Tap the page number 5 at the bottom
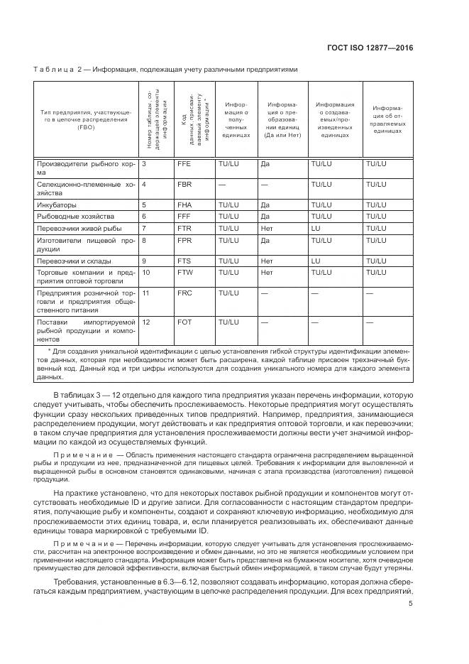(x=411, y=604)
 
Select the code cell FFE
(x=184, y=164)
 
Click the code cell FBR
(x=184, y=184)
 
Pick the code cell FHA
(x=184, y=205)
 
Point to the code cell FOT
(x=184, y=322)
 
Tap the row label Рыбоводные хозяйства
(x=75, y=216)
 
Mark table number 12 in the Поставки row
(x=146, y=322)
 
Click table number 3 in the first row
(x=144, y=164)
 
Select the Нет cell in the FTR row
(x=267, y=229)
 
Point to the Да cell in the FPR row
(x=265, y=241)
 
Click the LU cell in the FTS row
(x=316, y=261)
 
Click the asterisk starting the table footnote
(x=49, y=350)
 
